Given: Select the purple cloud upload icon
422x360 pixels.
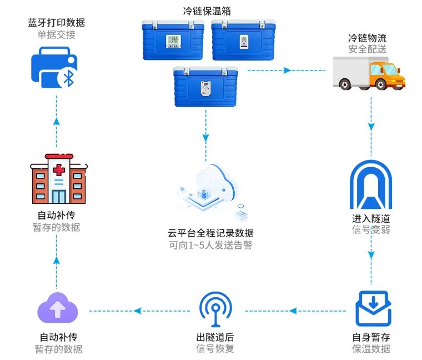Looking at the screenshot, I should point(57,309).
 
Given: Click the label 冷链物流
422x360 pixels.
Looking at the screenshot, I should point(367,38).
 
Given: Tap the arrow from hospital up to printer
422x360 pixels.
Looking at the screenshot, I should point(56,118).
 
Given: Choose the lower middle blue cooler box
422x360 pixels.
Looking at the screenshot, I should point(205,87).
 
